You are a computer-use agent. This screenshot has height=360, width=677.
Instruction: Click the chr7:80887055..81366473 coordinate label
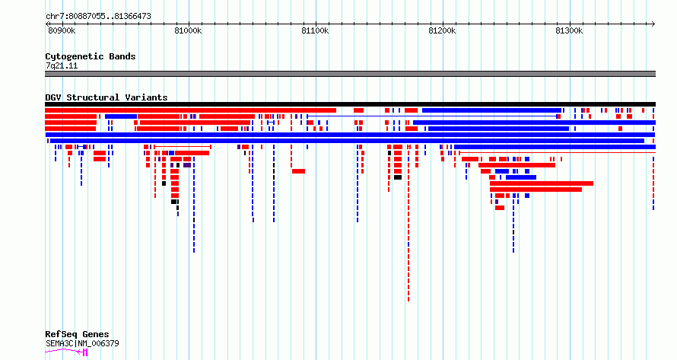[x=98, y=17]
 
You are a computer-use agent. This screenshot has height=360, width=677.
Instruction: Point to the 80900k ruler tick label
[x=62, y=30]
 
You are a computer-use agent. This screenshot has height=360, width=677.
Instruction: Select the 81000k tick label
[x=188, y=30]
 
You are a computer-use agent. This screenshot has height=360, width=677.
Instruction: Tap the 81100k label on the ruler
[x=315, y=30]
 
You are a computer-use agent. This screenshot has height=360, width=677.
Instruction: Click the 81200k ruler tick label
[x=442, y=30]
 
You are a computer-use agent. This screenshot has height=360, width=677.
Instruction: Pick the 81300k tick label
[x=569, y=30]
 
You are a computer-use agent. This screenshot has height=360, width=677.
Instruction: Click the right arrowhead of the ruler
[x=654, y=24]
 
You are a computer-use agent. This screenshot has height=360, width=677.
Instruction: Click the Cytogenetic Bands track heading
[x=91, y=56]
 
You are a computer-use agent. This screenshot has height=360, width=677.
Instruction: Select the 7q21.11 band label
[x=62, y=65]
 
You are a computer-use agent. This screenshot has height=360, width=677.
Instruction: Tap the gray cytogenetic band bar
[x=350, y=74]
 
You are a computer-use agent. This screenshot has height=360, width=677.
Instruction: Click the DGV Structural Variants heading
[x=106, y=97]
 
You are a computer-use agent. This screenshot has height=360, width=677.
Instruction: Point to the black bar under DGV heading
[x=350, y=104]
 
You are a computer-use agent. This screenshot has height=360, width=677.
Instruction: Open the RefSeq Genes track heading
[x=77, y=334]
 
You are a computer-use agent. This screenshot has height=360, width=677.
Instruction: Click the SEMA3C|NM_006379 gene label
[x=82, y=343]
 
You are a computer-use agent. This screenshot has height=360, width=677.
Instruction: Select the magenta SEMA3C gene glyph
[x=67, y=352]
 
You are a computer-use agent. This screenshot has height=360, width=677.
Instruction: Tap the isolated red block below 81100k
[x=298, y=171]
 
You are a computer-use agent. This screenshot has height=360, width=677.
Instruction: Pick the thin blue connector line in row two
[x=432, y=116]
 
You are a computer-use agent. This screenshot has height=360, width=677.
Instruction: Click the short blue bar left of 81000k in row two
[x=121, y=116]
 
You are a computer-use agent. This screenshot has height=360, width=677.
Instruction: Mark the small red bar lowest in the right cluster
[x=500, y=208]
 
